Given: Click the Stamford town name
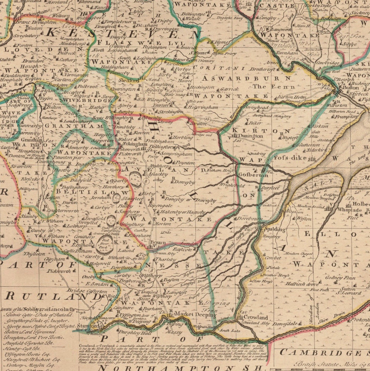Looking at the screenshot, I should click(x=88, y=326).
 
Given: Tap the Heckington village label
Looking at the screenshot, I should click(x=202, y=88).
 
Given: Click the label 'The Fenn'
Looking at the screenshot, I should click(x=274, y=87).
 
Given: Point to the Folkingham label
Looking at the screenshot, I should click(x=133, y=144).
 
